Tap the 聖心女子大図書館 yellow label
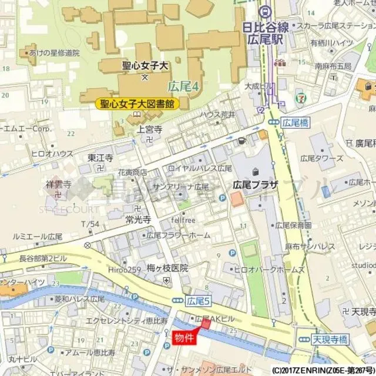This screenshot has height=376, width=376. tap(137, 104)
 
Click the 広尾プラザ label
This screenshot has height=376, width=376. tap(255, 184)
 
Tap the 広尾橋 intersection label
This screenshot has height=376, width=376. tap(294, 123)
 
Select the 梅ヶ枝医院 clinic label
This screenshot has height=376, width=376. tap(167, 267)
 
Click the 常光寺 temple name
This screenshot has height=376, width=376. tap(138, 219)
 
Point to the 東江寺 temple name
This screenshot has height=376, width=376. tap(100, 157)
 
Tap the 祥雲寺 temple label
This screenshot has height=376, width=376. tap(59, 184)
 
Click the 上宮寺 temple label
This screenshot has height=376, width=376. tap(149, 129)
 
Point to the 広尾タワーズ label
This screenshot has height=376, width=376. tap(321, 159)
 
